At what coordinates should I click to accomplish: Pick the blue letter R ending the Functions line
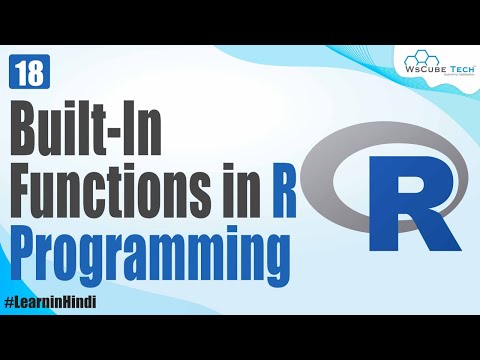284,190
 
